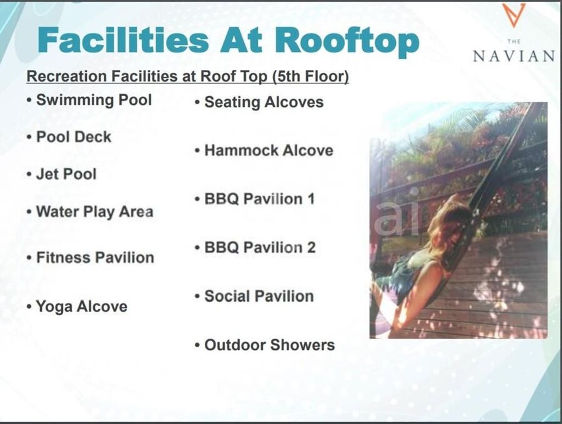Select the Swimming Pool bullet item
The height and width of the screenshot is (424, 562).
94,100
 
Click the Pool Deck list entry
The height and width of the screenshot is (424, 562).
74,137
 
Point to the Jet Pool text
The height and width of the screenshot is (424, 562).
66,174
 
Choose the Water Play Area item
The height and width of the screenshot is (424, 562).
95,212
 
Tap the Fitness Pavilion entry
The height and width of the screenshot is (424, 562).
95,258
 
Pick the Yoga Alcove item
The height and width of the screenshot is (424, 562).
82,307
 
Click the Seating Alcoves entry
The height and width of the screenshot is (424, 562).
264,102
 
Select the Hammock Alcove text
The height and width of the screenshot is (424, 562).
269,150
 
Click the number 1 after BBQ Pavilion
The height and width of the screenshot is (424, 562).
311,199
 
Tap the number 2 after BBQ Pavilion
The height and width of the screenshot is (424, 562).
311,248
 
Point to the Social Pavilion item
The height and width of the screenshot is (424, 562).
259,296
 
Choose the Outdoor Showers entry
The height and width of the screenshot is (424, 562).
270,345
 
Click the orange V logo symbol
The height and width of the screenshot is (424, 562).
513,16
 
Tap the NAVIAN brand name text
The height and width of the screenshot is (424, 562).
514,56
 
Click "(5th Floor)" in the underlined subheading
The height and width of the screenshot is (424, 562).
310,76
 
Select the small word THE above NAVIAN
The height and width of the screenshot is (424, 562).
514,42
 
